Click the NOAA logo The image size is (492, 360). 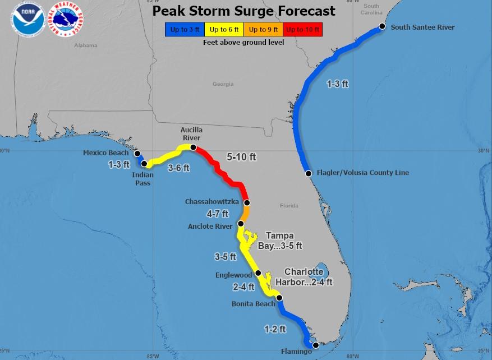point(28,19)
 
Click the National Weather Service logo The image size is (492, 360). point(66,19)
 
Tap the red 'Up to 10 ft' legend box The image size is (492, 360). point(302,29)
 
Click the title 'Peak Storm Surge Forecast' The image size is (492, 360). point(244,11)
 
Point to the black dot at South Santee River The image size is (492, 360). point(382,26)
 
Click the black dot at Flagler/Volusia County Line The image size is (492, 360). point(308,173)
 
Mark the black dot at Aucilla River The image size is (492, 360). point(193,147)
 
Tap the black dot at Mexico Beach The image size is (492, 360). point(137,153)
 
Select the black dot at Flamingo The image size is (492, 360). point(315,345)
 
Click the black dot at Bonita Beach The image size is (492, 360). point(279,298)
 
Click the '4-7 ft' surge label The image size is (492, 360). point(218,214)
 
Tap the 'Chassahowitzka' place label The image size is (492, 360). point(212,201)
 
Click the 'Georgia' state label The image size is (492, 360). point(223,84)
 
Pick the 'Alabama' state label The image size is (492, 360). point(86,46)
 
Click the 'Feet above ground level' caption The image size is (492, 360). point(243,42)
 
